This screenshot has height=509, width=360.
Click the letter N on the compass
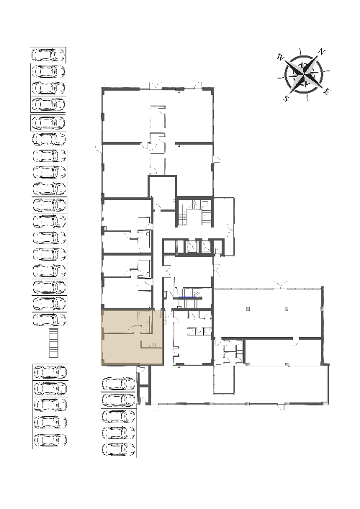point(321,52)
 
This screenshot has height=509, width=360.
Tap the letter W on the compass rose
point(281,58)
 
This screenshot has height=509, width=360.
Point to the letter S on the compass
point(286,98)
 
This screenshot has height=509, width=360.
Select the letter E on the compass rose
point(327,91)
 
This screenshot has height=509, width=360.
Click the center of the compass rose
point(304,75)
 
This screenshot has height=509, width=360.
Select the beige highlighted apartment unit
point(132,338)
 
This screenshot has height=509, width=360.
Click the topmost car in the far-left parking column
point(48,55)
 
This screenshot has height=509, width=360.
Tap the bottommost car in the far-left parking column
point(50,440)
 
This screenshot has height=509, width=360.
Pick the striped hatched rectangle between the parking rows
point(53,343)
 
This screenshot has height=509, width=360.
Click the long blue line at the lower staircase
point(188,297)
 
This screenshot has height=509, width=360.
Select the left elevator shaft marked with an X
point(192,247)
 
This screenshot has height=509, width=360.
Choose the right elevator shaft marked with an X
point(206,247)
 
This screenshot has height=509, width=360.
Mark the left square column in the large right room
point(248,308)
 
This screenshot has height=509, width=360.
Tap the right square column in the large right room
point(287,308)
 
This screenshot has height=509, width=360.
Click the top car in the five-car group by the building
point(119,384)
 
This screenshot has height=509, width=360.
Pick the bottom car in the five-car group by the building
point(119,449)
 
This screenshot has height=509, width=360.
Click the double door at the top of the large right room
point(280,285)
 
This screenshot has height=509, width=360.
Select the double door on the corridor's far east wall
point(231,229)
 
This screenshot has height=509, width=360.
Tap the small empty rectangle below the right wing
point(224,380)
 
